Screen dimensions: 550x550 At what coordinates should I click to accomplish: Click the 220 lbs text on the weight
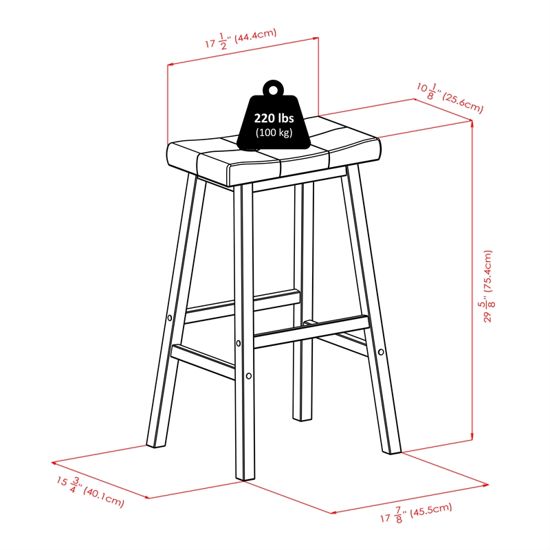click(274, 118)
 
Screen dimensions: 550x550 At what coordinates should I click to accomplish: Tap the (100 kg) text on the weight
click(274, 133)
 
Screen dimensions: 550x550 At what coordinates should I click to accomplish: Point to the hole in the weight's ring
click(274, 90)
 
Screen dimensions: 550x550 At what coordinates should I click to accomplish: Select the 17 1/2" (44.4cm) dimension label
click(241, 39)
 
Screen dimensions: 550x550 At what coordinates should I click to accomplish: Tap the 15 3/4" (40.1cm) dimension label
click(90, 492)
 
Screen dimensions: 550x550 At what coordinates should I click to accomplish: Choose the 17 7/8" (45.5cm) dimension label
click(417, 512)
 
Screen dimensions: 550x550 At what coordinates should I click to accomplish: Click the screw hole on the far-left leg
click(170, 318)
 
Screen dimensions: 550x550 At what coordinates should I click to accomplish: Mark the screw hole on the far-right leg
click(381, 351)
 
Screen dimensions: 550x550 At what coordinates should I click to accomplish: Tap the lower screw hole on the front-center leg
click(249, 376)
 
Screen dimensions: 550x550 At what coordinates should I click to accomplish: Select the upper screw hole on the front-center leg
click(239, 343)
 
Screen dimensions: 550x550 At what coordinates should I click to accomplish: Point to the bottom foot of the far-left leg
click(156, 445)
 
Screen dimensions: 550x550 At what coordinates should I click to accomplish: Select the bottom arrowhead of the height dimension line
click(472, 437)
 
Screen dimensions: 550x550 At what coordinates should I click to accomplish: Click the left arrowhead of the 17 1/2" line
click(170, 65)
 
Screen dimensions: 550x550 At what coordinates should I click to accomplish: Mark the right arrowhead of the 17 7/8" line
click(485, 485)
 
